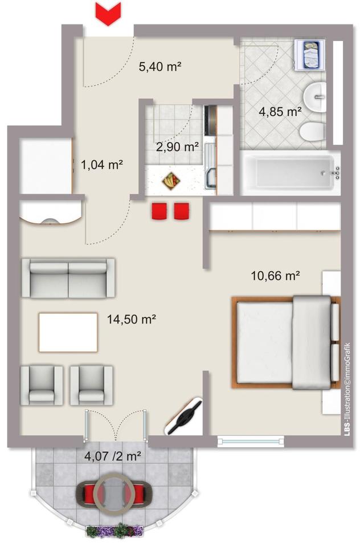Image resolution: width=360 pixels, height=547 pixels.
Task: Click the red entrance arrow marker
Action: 108,13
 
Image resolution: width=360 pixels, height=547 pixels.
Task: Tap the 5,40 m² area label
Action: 160,66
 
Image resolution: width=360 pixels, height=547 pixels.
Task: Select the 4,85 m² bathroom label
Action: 280,112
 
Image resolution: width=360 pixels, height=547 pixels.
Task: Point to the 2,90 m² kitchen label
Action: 178,147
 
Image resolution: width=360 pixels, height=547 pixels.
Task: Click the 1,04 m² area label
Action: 102,164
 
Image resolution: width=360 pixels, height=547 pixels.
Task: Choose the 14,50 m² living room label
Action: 131,319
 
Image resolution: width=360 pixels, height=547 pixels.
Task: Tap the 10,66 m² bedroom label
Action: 276,276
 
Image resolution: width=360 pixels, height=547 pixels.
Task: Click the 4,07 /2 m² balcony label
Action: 113,455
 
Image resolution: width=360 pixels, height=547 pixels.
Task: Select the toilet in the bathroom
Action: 312,132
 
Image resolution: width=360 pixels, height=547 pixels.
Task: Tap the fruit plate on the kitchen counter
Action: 171,181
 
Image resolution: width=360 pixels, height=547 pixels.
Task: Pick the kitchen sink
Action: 210,166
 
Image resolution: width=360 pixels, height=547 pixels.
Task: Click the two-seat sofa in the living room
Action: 68,278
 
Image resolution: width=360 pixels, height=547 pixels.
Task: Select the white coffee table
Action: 68,332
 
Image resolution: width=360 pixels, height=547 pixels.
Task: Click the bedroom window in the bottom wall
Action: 251,441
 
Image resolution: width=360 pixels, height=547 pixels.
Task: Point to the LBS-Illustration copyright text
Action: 347,389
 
